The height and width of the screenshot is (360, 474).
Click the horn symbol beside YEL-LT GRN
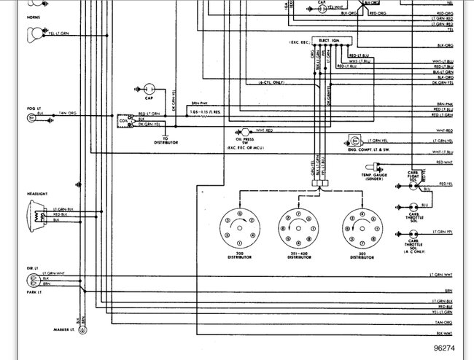tap(33, 33)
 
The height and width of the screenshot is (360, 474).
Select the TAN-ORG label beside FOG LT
tap(68, 113)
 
